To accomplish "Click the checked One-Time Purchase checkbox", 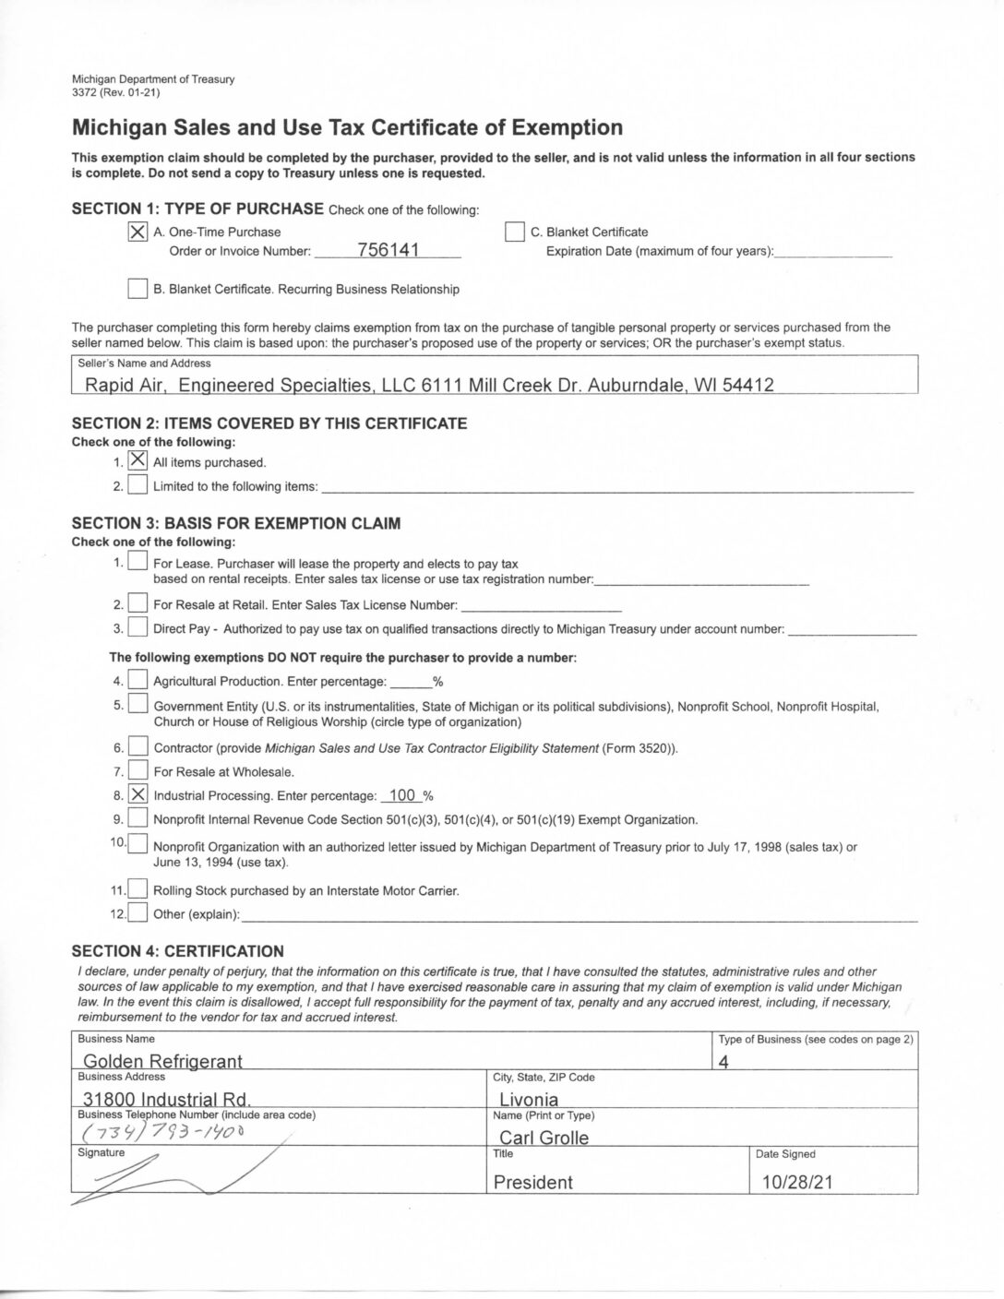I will tap(137, 232).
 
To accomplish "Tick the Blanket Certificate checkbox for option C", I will tap(515, 232).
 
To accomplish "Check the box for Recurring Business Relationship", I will tap(137, 289).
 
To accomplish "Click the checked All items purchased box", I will tap(137, 460).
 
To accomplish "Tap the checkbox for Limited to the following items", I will tap(137, 485).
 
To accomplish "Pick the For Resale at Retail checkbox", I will tap(137, 604).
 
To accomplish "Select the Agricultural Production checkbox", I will tap(137, 681).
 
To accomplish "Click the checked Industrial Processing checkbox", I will tap(137, 794).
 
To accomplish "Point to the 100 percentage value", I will tap(403, 794).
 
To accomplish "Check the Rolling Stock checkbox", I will tap(137, 890).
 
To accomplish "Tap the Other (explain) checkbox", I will tap(137, 913).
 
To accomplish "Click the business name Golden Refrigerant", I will tap(163, 1061).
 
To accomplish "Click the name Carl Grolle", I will tap(544, 1138).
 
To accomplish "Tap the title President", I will tap(533, 1182).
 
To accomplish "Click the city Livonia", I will tap(529, 1100).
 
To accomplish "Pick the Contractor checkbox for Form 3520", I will tap(137, 747).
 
